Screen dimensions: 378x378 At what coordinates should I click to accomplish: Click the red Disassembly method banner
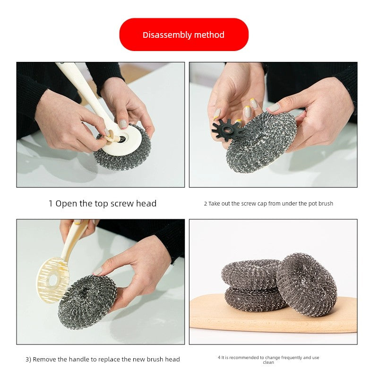[184, 34]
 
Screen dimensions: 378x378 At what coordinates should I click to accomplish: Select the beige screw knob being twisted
[112, 137]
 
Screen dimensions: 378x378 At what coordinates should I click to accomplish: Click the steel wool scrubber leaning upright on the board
[306, 284]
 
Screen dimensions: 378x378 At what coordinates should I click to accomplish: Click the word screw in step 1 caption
[122, 204]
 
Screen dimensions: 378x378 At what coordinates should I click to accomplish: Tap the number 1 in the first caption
[51, 204]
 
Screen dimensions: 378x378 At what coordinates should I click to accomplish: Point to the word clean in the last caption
[268, 362]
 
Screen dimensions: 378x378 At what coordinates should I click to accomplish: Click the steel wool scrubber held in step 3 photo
[87, 302]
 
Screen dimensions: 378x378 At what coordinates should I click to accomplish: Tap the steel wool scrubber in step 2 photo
[261, 142]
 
